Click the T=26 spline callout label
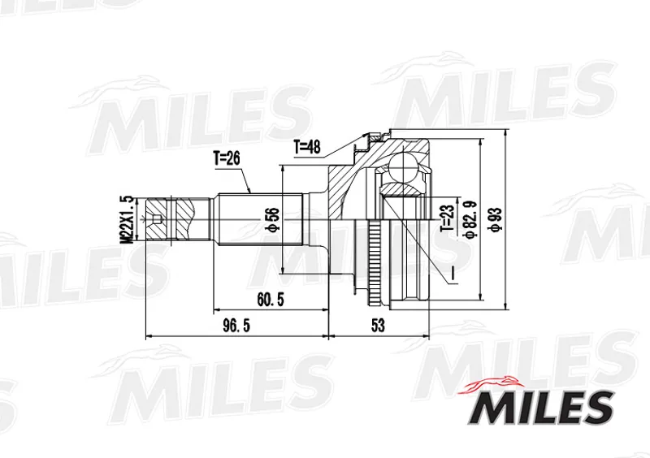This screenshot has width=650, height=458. pos(227,158)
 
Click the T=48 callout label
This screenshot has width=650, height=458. pos(307,147)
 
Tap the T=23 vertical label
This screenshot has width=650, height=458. pos(448,218)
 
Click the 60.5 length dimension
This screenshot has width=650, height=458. pos(271,300)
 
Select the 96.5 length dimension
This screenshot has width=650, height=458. pos(236,326)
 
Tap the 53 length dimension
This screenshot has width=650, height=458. pos(378,326)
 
